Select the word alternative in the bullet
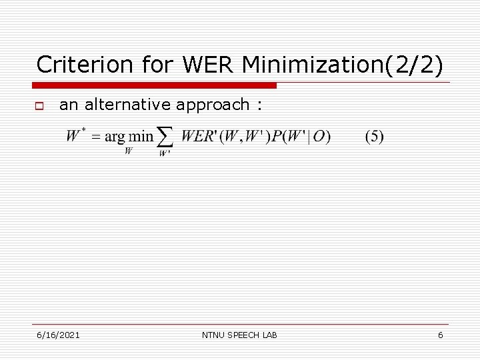tap(131, 104)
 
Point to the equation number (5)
tap(374, 137)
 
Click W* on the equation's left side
tap(74, 136)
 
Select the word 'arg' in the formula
tap(115, 137)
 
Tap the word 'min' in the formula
tap(141, 137)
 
